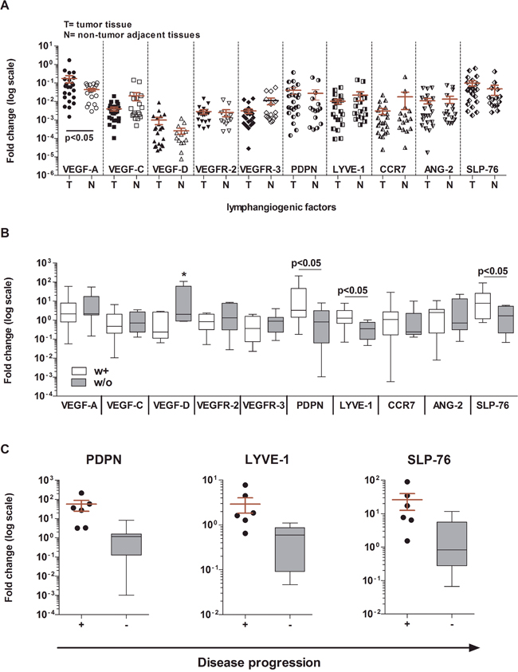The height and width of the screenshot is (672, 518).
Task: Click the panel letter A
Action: pos(8,7)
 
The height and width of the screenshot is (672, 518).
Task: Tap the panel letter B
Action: pos(8,236)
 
